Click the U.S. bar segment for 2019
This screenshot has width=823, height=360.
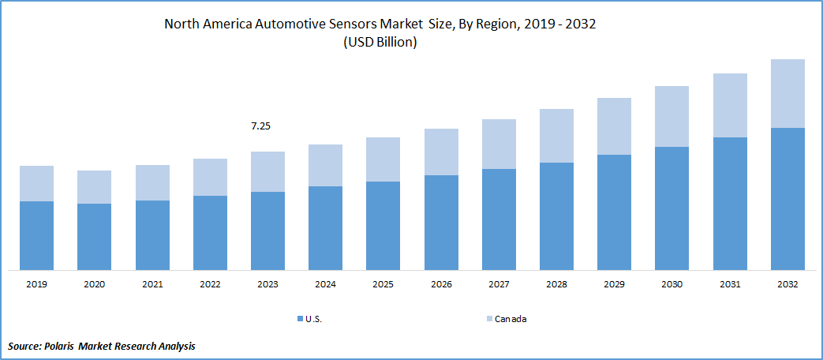pos(36,235)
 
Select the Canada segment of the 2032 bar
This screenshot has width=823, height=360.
pos(787,93)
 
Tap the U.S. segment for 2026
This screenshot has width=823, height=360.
pos(441,222)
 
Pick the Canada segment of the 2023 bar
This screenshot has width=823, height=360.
pos(267,171)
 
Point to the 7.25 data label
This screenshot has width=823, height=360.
pos(260,126)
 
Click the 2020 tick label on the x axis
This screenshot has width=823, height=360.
pos(94,284)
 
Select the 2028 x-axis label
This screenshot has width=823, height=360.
pos(556,284)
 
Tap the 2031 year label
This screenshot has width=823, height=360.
pos(730,284)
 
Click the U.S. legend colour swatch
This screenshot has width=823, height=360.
pos(299,319)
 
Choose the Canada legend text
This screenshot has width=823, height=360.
pos(511,319)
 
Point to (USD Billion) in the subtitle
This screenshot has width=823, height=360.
pos(380,43)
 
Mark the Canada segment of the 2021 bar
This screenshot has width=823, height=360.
pos(152,182)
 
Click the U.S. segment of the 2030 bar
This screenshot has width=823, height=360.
pos(671,208)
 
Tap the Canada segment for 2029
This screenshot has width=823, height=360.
pos(614,126)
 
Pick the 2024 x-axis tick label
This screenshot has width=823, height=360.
pos(325,284)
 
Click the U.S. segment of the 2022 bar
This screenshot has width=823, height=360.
pos(210,232)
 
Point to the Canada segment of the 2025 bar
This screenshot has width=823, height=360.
pos(383,159)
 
